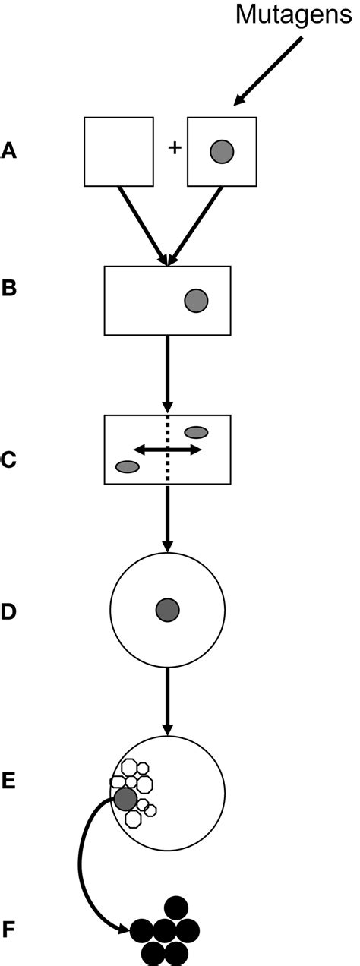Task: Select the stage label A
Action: pyautogui.click(x=9, y=152)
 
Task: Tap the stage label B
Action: pyautogui.click(x=9, y=289)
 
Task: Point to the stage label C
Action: pyautogui.click(x=9, y=460)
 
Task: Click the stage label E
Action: pyautogui.click(x=9, y=779)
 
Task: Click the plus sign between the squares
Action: pyautogui.click(x=174, y=148)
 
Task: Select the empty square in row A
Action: pyautogui.click(x=118, y=152)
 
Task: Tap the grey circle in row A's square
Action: pyautogui.click(x=222, y=152)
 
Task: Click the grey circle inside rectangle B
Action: pyautogui.click(x=196, y=301)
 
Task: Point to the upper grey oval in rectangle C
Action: pyautogui.click(x=196, y=432)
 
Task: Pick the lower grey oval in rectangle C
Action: pyautogui.click(x=127, y=466)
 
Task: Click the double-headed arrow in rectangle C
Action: pyautogui.click(x=168, y=450)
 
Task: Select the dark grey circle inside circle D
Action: pyautogui.click(x=167, y=610)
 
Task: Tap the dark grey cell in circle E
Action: pyautogui.click(x=125, y=798)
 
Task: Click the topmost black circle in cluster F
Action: pyautogui.click(x=176, y=907)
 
